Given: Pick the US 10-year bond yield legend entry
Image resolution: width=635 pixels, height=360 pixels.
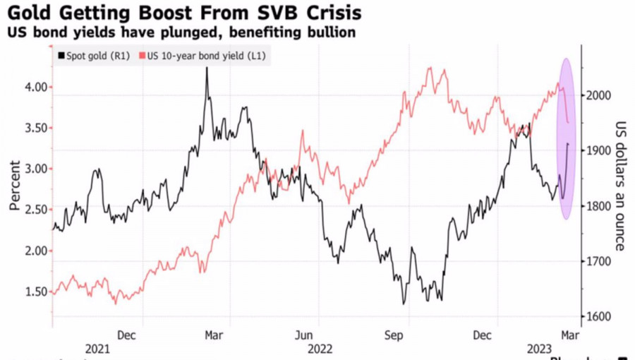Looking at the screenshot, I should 205,56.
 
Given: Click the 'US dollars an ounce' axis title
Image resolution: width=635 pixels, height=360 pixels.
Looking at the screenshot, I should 620,185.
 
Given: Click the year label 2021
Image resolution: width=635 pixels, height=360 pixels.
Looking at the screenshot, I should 97,349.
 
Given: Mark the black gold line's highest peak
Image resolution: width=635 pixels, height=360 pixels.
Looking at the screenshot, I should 207,68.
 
